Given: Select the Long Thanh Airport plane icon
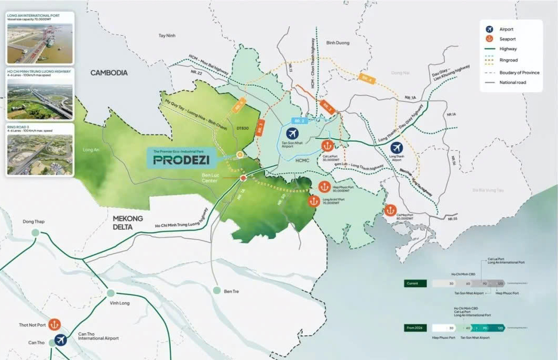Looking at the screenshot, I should tap(397, 148).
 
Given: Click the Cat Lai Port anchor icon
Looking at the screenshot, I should tap(327, 145).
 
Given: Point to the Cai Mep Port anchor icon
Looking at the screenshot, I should tap(390, 210).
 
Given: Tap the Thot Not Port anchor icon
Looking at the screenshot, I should tap(54, 325).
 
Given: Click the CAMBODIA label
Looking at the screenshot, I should tap(109, 73).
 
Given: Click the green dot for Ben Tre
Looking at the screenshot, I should tap(217, 290).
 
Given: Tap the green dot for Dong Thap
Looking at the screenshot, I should tap(36, 233).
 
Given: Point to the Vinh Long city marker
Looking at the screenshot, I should tap(111, 293).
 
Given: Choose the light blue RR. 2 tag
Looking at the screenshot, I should tap(299, 120).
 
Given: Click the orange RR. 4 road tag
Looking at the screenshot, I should tap(366, 79).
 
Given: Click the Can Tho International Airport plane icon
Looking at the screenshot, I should tap(61, 339).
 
